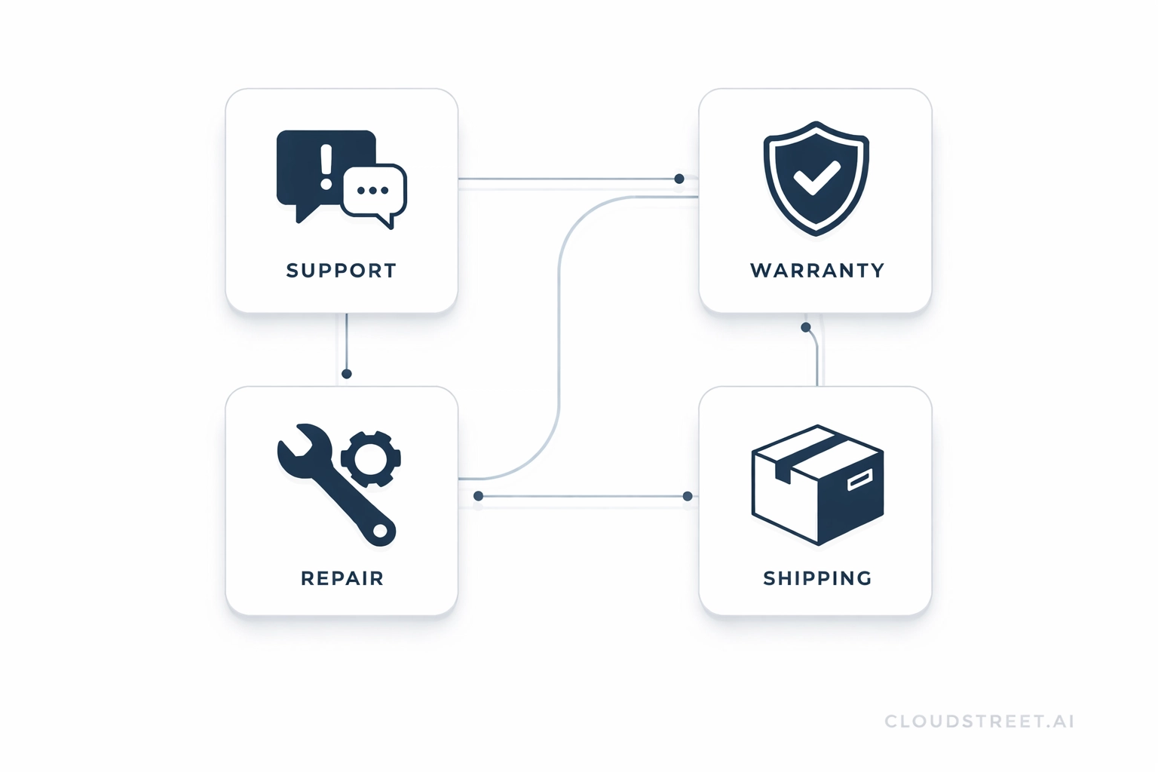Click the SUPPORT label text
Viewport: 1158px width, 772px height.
click(x=342, y=271)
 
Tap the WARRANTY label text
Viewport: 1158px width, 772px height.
click(x=817, y=271)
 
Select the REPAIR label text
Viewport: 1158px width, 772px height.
click(x=342, y=578)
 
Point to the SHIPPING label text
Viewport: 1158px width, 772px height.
click(x=817, y=578)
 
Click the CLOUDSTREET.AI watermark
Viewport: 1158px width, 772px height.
click(x=979, y=721)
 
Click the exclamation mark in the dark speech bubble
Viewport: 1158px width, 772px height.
click(x=326, y=167)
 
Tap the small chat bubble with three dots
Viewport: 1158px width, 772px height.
click(x=373, y=191)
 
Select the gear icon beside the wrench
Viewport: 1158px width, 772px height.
click(x=370, y=458)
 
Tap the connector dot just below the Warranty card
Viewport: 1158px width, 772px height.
click(x=806, y=327)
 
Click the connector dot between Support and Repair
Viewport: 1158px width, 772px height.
click(x=347, y=374)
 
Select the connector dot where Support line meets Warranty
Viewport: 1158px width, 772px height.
click(x=679, y=179)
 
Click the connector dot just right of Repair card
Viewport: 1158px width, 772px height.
click(x=478, y=496)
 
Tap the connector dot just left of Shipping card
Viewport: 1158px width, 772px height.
click(x=688, y=496)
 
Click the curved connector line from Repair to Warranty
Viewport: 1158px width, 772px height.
click(x=559, y=339)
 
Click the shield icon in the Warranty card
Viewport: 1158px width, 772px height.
click(x=816, y=178)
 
